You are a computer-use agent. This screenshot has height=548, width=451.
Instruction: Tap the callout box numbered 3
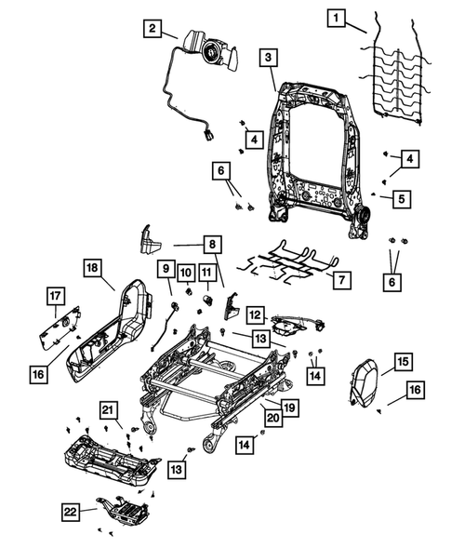click(x=267, y=59)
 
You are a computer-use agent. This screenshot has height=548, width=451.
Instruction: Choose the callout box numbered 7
click(x=342, y=278)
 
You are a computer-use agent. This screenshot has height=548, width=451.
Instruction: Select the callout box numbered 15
click(x=402, y=361)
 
